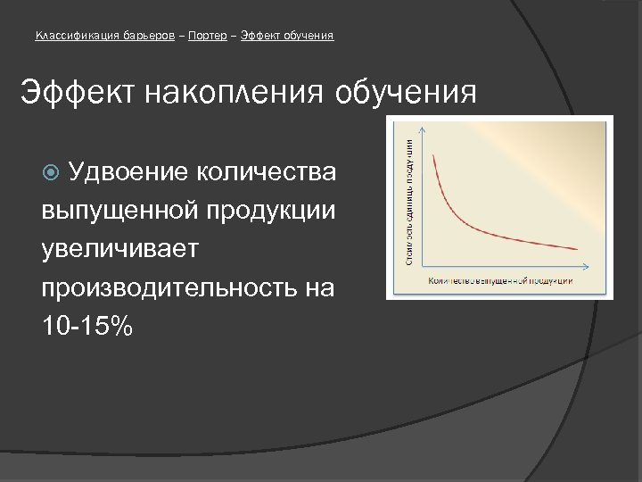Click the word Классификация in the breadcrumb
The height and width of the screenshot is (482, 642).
[73, 36]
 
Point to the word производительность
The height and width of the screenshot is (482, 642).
[175, 288]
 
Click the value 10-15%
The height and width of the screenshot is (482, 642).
[86, 328]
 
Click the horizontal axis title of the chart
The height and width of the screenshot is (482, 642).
[500, 281]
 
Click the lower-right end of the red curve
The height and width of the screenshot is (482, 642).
[578, 249]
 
